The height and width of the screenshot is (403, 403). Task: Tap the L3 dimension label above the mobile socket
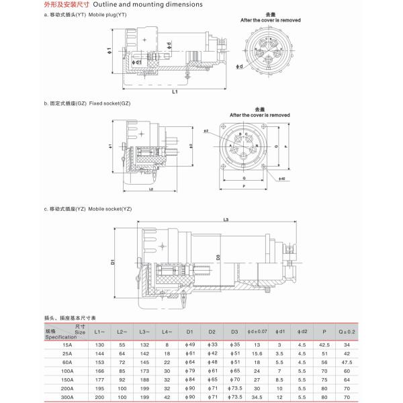226,220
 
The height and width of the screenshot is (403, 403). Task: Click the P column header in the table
324,332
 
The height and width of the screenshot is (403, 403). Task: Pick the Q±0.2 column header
347,332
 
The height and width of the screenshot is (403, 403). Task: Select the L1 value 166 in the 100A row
98,371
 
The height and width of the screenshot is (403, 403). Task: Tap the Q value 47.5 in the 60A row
347,363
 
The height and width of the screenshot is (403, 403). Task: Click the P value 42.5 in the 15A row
324,345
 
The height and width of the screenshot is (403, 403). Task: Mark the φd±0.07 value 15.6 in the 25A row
257,353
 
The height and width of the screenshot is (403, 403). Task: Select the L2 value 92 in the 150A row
122,380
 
